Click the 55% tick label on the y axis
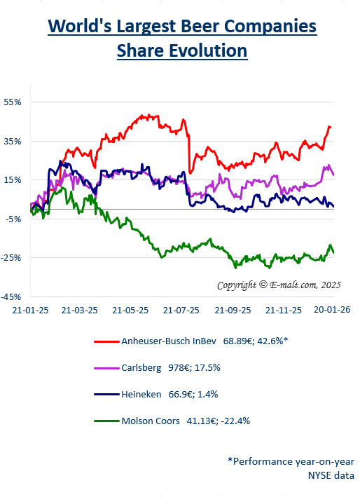13,102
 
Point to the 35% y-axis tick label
13,141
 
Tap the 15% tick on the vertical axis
13,179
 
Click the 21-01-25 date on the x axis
30,309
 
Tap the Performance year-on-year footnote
290,461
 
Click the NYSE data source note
331,475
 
